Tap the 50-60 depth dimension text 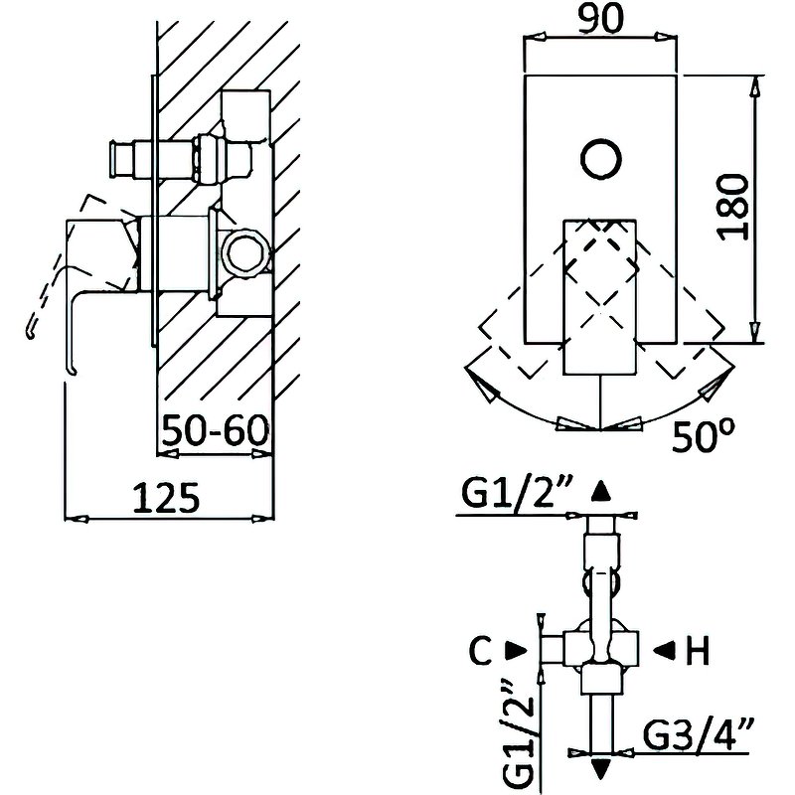[x=217, y=431]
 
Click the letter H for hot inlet [x=699, y=652]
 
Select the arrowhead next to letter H [x=661, y=651]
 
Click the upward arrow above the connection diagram [x=600, y=491]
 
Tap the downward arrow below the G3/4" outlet [x=601, y=768]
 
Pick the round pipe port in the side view [x=243, y=254]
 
